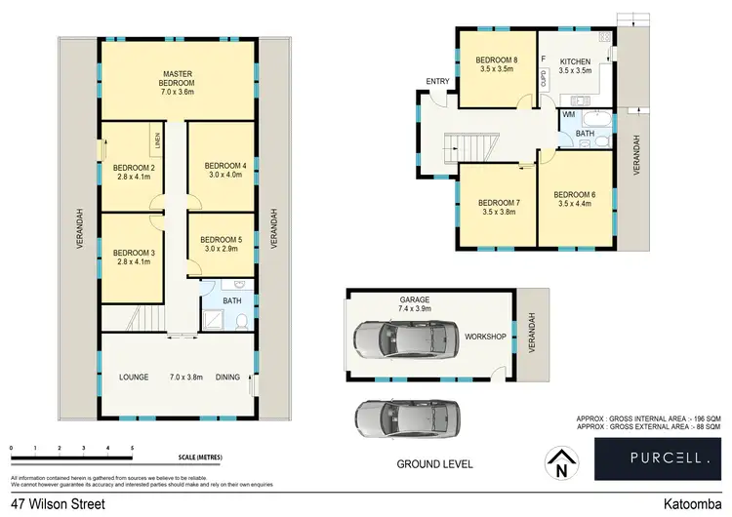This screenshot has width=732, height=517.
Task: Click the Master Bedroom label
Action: point(178,79)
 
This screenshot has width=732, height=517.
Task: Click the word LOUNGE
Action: point(134,377)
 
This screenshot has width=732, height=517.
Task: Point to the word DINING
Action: point(227,377)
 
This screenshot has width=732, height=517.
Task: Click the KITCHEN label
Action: point(575,61)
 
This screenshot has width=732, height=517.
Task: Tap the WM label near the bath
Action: point(568,115)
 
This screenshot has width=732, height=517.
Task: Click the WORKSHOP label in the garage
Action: point(485,337)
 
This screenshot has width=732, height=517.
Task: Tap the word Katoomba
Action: point(691,504)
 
